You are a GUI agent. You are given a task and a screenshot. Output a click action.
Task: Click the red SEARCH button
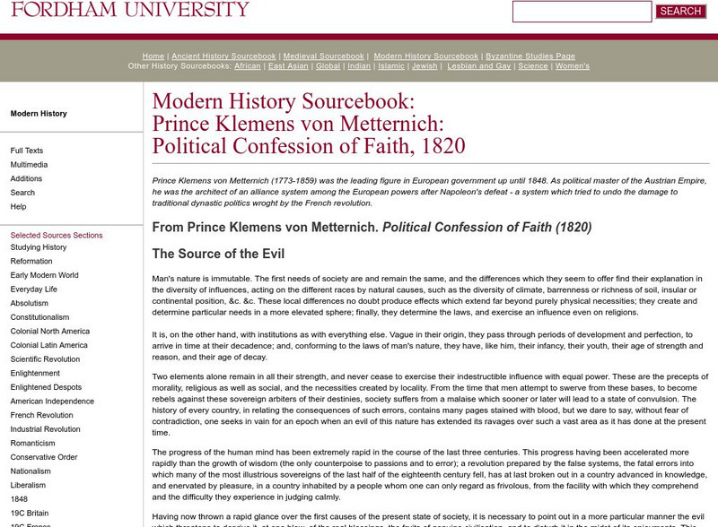pyautogui.click(x=680, y=12)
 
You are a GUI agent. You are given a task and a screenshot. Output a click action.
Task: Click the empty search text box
pyautogui.click(x=582, y=12)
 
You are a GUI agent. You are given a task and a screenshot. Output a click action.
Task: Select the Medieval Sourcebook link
pyautogui.click(x=323, y=56)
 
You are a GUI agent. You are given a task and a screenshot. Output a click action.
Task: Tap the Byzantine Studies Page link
pyautogui.click(x=530, y=56)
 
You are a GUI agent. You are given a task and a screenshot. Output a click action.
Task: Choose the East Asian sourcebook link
pyautogui.click(x=288, y=66)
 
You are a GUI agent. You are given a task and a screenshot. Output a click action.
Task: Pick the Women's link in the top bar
pyautogui.click(x=573, y=66)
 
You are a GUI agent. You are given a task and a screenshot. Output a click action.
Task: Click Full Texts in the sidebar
pyautogui.click(x=27, y=151)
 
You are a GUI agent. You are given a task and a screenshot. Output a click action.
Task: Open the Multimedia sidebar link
pyautogui.click(x=30, y=165)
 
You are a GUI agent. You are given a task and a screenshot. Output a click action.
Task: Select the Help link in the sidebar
pyautogui.click(x=18, y=207)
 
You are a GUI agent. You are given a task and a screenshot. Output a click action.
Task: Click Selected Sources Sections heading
pyautogui.click(x=57, y=236)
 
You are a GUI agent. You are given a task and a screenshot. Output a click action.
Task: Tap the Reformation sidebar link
pyautogui.click(x=31, y=262)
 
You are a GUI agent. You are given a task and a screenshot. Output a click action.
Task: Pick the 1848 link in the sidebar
pyautogui.click(x=19, y=499)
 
